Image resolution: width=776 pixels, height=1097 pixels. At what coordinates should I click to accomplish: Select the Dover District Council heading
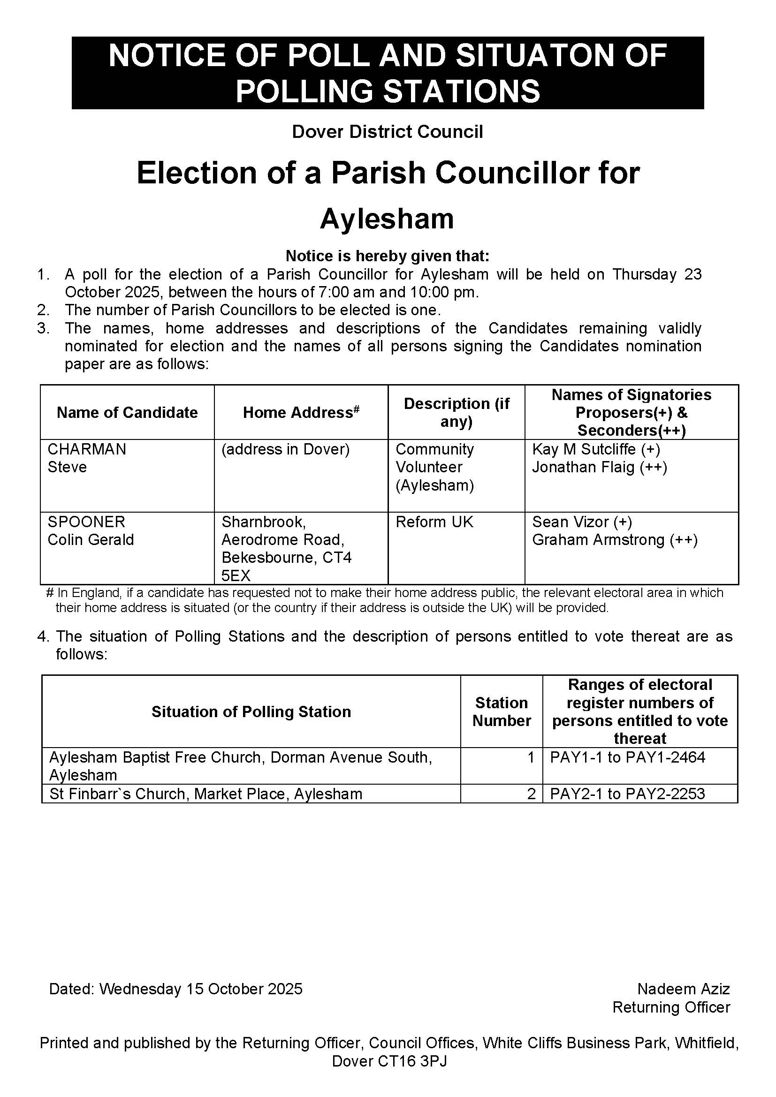coord(388,131)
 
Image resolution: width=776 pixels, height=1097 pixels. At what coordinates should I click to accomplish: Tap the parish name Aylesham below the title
coord(387,219)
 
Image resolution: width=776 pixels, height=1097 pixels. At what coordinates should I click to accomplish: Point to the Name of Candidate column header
coord(127,412)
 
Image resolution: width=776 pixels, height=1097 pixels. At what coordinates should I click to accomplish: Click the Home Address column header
coord(301,412)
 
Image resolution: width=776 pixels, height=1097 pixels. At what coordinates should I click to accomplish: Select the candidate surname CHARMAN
coord(87,449)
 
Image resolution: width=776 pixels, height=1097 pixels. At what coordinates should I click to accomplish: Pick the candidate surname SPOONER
coord(86,522)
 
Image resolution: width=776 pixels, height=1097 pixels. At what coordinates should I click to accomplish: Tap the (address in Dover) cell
coord(286,449)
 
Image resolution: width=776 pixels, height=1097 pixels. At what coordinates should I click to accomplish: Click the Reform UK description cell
coord(434,522)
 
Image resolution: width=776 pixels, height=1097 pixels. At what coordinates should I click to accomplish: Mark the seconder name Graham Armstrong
coord(598,540)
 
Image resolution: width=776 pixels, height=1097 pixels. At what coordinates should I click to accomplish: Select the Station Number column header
coord(502,711)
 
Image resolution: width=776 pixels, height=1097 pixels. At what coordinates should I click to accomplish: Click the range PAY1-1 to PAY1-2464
coord(628,757)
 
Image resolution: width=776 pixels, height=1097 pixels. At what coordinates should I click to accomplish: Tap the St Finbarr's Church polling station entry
coord(206,794)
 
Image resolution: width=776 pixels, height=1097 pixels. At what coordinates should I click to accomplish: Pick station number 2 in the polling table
coord(531,794)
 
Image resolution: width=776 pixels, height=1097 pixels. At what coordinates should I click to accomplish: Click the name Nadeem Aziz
coord(683,989)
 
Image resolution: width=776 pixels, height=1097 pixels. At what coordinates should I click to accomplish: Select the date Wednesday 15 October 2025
coord(201,989)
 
